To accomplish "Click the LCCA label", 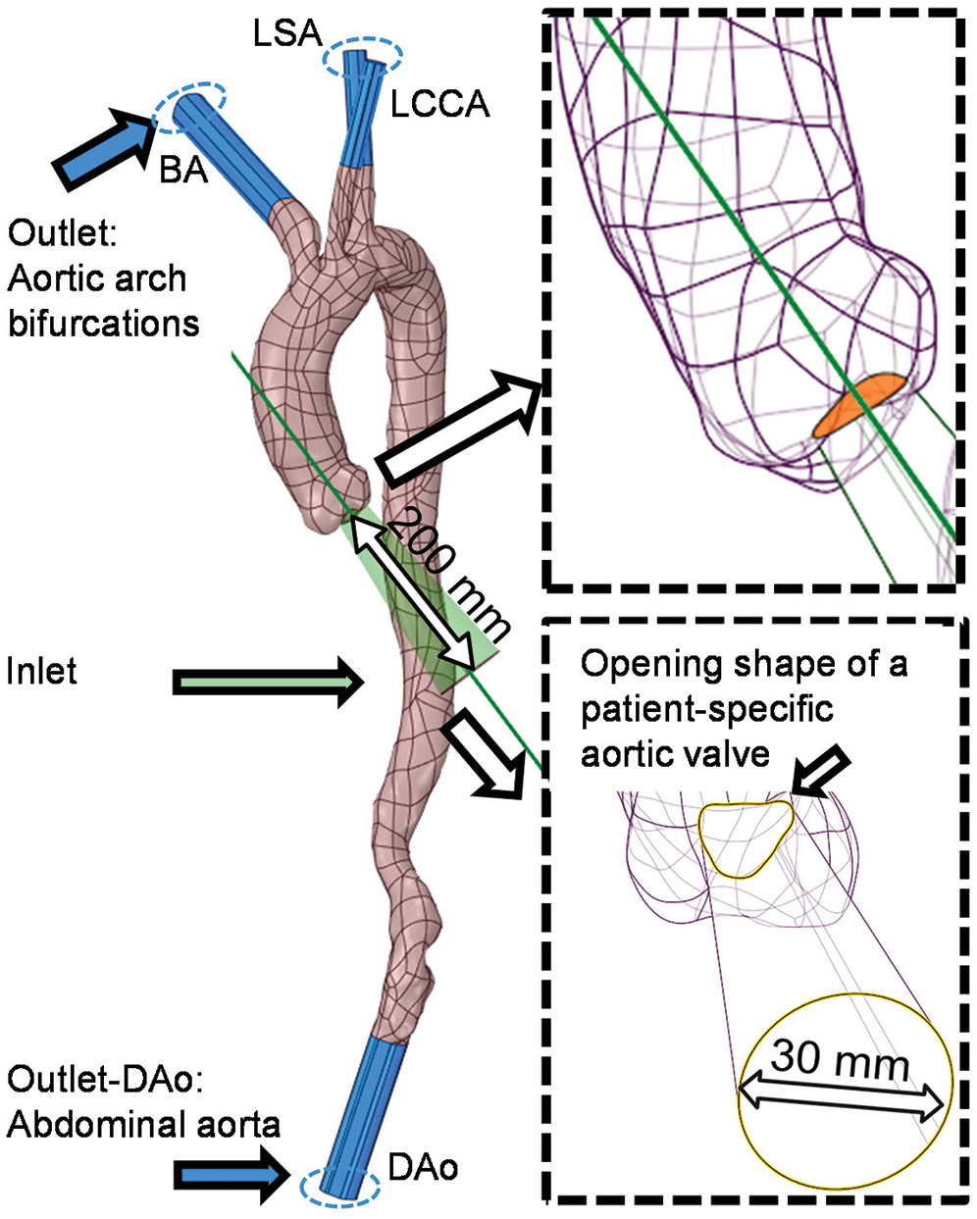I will coord(438,104).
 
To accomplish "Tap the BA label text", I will coord(184,169).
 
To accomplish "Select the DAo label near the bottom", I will coord(423,1167).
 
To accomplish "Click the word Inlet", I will coord(41,672).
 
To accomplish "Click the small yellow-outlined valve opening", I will coord(746,838).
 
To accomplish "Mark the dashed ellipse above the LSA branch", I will coord(363,57).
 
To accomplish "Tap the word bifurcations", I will coord(104,323).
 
